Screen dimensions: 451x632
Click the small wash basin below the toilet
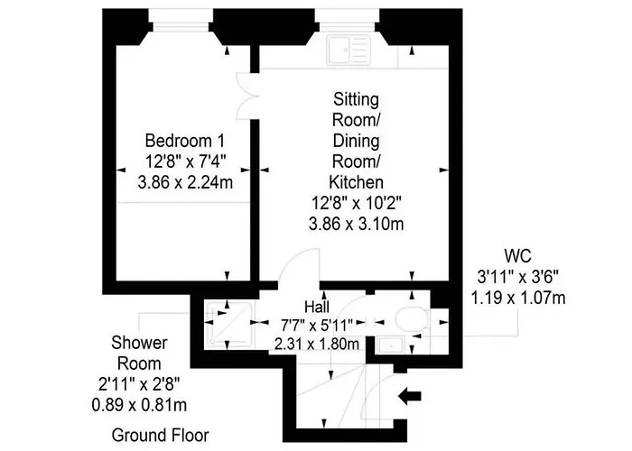coord(392,344)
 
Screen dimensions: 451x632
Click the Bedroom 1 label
coord(185,142)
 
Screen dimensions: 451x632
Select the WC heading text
coord(517,255)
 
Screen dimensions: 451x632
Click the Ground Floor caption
coord(160,435)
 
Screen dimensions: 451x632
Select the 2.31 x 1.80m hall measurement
coord(315,344)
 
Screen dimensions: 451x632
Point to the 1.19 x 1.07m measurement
coord(517,296)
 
